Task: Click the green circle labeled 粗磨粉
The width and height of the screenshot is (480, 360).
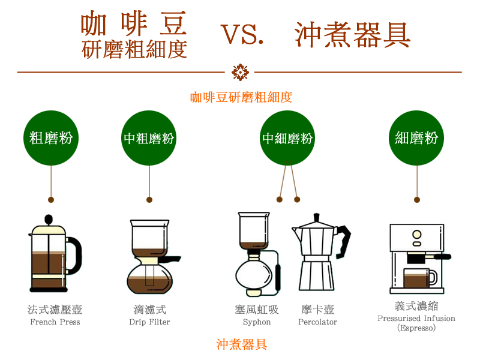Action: click(51, 138)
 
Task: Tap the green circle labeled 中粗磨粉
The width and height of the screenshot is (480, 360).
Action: click(149, 138)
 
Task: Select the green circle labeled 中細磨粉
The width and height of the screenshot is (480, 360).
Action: click(288, 138)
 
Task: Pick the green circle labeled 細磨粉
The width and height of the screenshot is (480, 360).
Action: click(416, 138)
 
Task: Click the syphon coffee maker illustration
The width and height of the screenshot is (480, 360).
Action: click(257, 255)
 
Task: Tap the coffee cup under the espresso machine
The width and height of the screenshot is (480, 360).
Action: click(418, 278)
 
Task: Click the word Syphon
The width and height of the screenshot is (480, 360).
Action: click(257, 322)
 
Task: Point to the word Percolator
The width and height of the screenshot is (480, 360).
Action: click(317, 322)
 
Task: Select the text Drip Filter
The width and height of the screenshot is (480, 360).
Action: click(149, 322)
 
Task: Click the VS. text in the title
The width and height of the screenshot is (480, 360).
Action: click(242, 35)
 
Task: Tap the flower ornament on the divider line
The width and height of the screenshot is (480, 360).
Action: click(240, 72)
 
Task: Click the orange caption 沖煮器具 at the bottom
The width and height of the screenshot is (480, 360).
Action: click(242, 344)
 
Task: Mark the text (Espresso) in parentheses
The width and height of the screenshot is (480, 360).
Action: click(416, 328)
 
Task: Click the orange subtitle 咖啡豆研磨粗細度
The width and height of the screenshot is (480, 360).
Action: click(241, 97)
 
